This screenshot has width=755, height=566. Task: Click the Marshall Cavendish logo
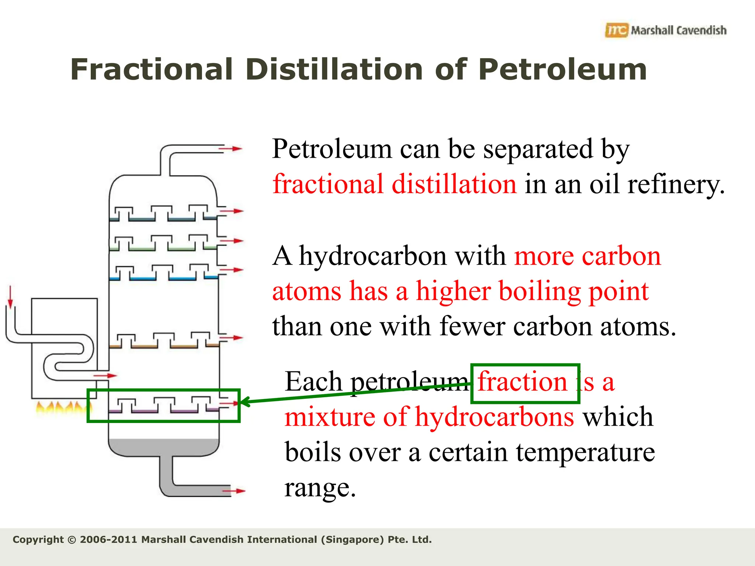click(665, 30)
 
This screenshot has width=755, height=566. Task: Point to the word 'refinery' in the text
click(675, 184)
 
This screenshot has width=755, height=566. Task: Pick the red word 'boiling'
click(498, 291)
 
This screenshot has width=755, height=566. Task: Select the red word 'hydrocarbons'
click(494, 417)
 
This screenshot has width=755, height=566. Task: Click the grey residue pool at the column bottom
click(164, 447)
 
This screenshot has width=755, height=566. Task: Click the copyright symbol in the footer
click(72, 540)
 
